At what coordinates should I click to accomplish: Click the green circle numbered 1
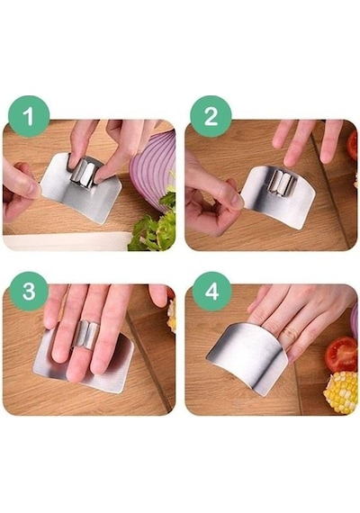tap(29, 116)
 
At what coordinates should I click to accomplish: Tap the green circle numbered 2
tap(211, 116)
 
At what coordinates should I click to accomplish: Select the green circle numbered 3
tap(29, 292)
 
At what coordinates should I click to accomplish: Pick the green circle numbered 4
tap(211, 292)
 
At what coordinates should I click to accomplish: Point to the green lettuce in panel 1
tap(154, 226)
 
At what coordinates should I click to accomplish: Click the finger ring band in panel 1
tap(83, 172)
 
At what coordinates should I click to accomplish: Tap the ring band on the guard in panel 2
tap(281, 184)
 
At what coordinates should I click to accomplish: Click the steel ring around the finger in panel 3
tap(86, 333)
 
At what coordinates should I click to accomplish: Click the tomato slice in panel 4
tap(341, 355)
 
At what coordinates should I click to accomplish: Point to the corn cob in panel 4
tap(341, 391)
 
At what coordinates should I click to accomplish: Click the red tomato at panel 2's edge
tap(352, 145)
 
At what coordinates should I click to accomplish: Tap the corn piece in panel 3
tap(171, 316)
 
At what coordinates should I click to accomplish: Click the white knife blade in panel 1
tap(66, 241)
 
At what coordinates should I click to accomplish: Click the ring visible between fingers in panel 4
tap(289, 335)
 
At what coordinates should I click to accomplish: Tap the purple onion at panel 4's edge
tap(354, 321)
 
